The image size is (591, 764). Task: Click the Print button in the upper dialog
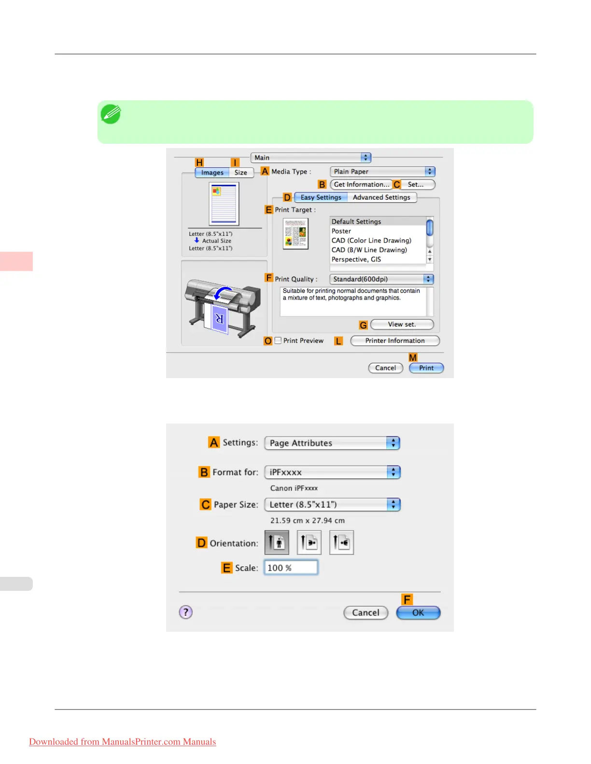click(426, 368)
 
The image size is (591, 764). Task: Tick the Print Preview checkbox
click(278, 341)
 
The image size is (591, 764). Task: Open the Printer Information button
click(394, 341)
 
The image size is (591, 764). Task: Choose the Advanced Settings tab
click(381, 197)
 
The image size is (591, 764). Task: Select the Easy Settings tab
click(321, 197)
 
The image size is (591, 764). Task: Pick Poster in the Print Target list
click(341, 231)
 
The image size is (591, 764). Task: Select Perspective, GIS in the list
click(356, 259)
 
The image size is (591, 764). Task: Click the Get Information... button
click(361, 185)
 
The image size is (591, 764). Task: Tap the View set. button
click(402, 325)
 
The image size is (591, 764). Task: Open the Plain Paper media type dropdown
click(382, 172)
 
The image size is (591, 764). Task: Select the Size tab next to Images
click(240, 173)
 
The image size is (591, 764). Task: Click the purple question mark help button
click(186, 612)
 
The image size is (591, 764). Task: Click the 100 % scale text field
click(291, 568)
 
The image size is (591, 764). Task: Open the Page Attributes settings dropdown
click(332, 443)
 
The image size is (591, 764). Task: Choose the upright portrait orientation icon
click(277, 543)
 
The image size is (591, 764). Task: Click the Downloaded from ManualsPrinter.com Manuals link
click(123, 742)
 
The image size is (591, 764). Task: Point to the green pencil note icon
click(111, 114)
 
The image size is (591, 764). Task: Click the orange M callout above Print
click(413, 357)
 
